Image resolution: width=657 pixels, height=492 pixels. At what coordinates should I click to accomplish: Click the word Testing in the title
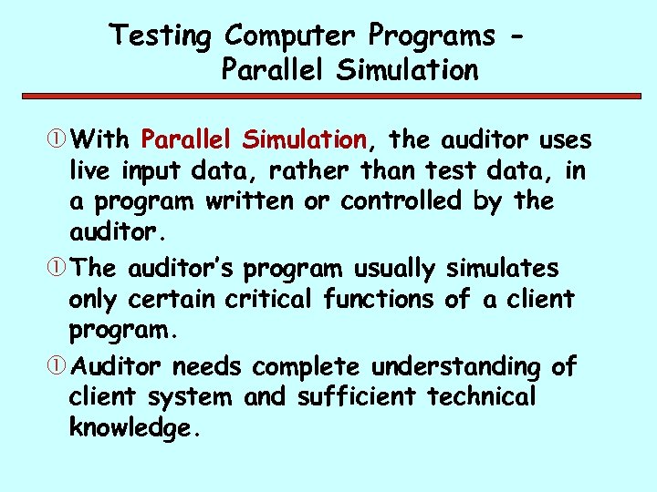[160, 36]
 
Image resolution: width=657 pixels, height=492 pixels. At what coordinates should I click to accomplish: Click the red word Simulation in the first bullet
[305, 140]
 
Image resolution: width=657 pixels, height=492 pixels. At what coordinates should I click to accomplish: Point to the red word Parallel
[188, 140]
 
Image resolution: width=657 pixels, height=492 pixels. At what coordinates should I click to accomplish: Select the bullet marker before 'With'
[59, 141]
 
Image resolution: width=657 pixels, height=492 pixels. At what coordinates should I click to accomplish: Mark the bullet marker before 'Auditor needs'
[59, 367]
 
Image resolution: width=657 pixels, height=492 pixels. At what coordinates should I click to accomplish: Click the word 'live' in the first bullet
[89, 170]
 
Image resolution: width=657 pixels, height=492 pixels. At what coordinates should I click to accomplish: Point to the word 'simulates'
[504, 269]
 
